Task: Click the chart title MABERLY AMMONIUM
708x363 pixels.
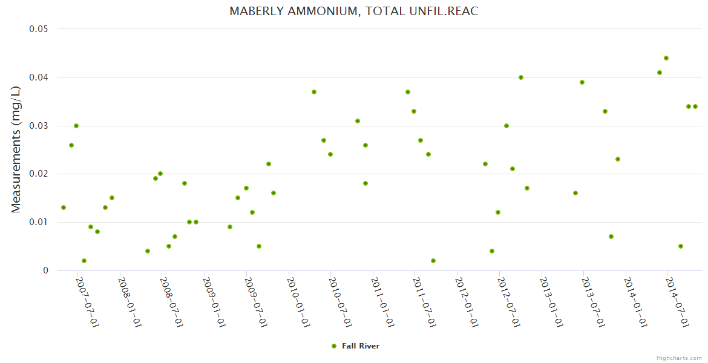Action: tap(353, 11)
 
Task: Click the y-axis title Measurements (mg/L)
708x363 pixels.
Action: tap(16, 149)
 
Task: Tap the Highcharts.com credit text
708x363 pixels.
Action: tap(679, 358)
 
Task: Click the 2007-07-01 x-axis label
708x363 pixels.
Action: tap(87, 302)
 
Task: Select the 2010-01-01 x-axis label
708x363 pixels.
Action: tap(298, 302)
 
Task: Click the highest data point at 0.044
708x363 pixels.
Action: tap(666, 58)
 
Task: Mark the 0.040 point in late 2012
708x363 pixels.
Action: tap(521, 77)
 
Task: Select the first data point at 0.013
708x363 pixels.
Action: tap(64, 208)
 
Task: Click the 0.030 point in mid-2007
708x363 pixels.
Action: tap(76, 126)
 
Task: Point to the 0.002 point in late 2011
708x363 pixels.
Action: tap(433, 261)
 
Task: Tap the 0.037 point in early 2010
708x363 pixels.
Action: tap(314, 92)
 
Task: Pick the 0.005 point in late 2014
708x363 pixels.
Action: tap(681, 246)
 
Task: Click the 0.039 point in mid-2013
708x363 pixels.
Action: tap(582, 82)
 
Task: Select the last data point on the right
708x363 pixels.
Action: tap(695, 106)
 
